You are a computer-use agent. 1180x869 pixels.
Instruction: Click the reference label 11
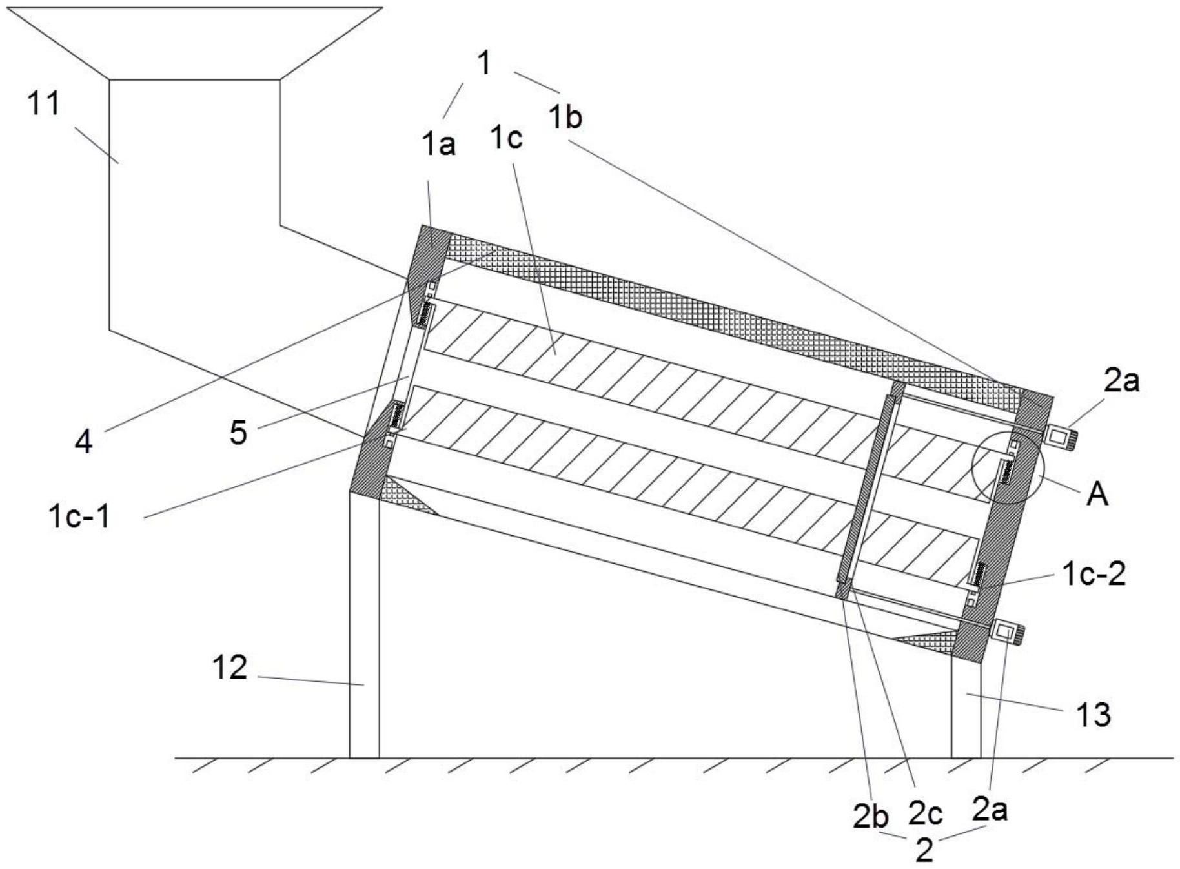point(44,103)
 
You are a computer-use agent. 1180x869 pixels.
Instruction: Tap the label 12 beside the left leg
point(230,667)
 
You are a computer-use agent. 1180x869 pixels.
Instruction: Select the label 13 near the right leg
point(1094,715)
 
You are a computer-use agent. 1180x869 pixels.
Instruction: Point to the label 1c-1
point(79,516)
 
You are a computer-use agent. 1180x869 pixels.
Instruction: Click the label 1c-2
point(1094,573)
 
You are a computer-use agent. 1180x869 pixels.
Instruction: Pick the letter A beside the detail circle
point(1097,495)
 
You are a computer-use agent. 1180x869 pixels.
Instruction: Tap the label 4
point(84,442)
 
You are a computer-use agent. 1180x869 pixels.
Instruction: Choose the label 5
point(238,433)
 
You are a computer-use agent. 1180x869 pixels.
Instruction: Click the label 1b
point(565,118)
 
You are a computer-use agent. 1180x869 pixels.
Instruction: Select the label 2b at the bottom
point(870,817)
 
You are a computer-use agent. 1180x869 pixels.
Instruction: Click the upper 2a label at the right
point(1121,381)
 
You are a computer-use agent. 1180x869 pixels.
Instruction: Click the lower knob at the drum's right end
point(1007,631)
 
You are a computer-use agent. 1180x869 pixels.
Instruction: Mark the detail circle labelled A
point(1006,467)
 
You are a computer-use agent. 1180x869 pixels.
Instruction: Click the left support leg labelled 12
point(364,623)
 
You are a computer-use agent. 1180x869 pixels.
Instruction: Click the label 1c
point(506,137)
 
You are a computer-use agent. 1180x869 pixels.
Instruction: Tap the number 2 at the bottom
point(924,851)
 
